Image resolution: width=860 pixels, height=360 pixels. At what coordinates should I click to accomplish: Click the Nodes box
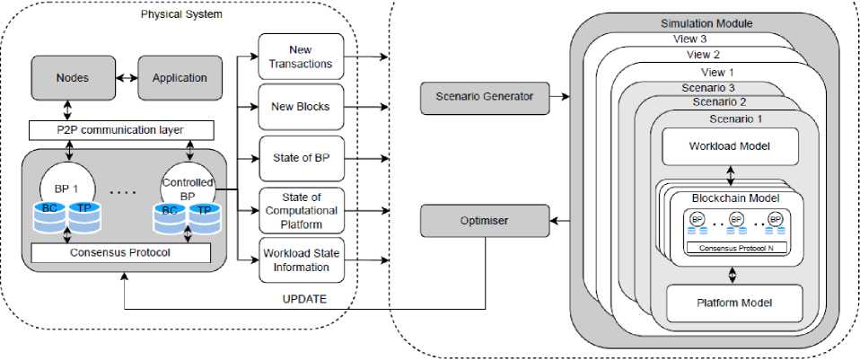[x=71, y=78]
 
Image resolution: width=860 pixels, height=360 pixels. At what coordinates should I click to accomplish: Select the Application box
[x=180, y=78]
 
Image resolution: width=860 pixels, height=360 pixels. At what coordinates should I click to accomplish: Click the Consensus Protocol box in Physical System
[x=119, y=252]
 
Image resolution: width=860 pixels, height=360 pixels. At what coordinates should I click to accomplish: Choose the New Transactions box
[x=301, y=57]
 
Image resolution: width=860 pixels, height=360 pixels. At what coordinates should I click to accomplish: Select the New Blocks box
[x=301, y=107]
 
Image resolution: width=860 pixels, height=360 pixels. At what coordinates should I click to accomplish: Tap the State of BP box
[x=301, y=158]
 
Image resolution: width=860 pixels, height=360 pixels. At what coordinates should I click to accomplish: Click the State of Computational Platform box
[x=301, y=209]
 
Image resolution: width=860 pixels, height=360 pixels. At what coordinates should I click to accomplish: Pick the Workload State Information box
[x=301, y=259]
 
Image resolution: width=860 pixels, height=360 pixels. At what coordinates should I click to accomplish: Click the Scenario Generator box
[x=484, y=96]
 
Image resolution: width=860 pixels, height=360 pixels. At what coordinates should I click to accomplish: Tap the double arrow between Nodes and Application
[x=125, y=78]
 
